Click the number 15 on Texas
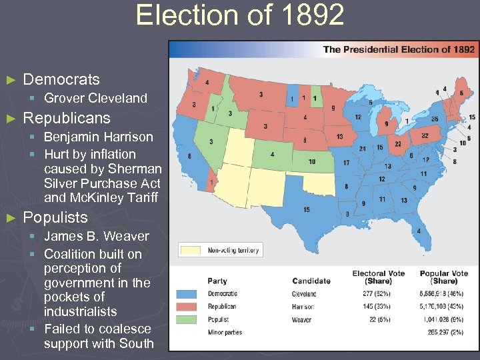tap(306, 210)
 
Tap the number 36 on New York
tap(434, 119)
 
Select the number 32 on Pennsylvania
tap(424, 135)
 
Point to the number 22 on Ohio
tap(398, 143)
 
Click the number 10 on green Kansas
tap(312, 161)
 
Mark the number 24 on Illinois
tap(363, 149)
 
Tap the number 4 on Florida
tap(419, 231)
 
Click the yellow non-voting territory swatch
tap(191, 251)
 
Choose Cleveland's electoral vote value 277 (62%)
tap(378, 294)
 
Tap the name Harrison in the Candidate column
tap(303, 307)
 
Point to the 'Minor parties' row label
tap(224, 333)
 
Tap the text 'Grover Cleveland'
tap(95, 98)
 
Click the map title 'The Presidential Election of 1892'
tap(399, 49)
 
